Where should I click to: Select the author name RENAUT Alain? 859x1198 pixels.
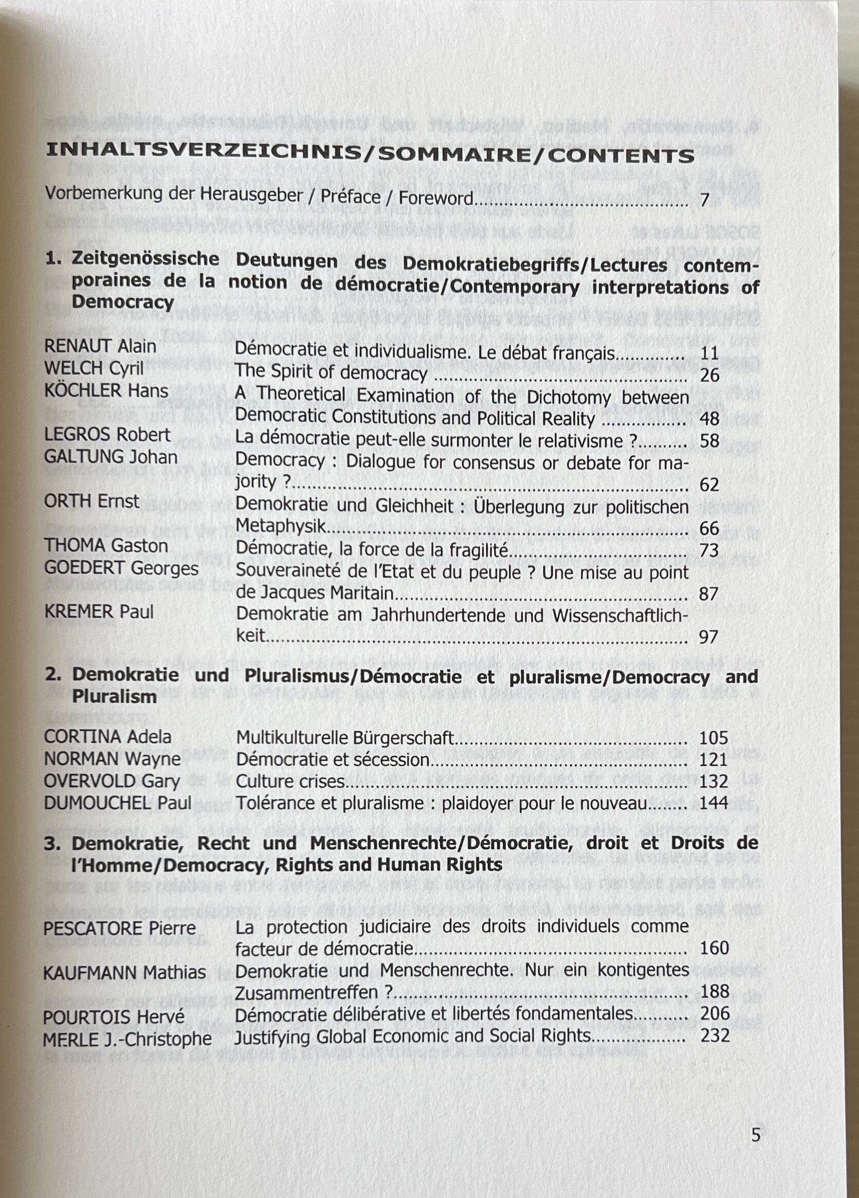pyautogui.click(x=100, y=347)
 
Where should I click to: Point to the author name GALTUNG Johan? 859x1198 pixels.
pyautogui.click(x=111, y=456)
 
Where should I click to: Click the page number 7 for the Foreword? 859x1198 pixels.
pyautogui.click(x=704, y=200)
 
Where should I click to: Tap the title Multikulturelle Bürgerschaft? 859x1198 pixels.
pyautogui.click(x=345, y=737)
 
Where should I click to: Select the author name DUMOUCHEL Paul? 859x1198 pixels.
pyautogui.click(x=118, y=803)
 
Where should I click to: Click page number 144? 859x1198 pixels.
pyautogui.click(x=714, y=803)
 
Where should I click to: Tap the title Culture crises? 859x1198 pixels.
pyautogui.click(x=290, y=781)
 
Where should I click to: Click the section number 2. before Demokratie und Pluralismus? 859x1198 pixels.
pyautogui.click(x=52, y=675)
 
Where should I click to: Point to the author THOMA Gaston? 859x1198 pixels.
pyautogui.click(x=106, y=545)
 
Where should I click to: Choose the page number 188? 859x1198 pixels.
pyautogui.click(x=715, y=991)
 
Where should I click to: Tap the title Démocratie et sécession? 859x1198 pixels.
pyautogui.click(x=333, y=759)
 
